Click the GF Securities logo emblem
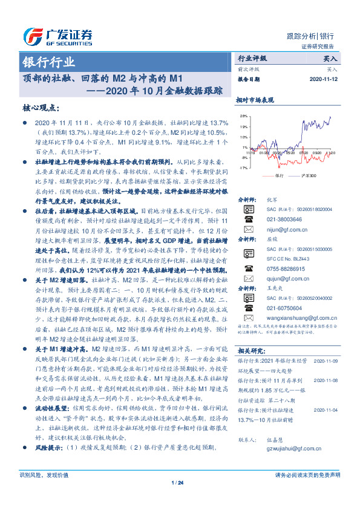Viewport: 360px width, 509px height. (x=31, y=35)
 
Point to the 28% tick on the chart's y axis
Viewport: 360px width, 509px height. (x=243, y=115)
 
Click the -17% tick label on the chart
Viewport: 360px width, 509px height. (x=243, y=168)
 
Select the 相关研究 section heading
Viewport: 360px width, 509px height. (x=252, y=350)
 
